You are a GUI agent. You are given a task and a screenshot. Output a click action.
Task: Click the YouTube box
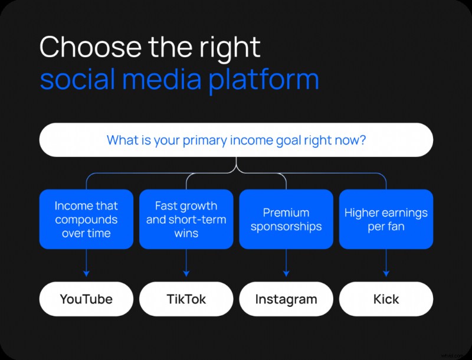(86, 299)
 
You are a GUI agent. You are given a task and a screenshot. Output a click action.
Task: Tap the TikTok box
(186, 299)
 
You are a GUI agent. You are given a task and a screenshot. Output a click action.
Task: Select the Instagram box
(286, 299)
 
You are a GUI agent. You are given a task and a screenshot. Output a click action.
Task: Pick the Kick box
(386, 299)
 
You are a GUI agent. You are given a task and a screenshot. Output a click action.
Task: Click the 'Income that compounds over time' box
(86, 219)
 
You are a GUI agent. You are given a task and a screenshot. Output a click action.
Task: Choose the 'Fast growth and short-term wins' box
(186, 219)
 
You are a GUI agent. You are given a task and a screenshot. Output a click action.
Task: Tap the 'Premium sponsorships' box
(286, 219)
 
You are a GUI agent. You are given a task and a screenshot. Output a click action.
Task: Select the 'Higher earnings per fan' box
(386, 219)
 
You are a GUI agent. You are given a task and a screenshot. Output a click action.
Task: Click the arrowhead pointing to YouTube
(86, 273)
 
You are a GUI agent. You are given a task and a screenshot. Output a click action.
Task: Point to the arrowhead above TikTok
(186, 273)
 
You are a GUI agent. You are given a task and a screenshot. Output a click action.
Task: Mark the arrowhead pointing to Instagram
(286, 273)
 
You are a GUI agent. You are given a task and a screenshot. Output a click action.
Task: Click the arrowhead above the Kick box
(386, 273)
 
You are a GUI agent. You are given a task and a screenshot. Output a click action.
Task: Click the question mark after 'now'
(362, 140)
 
